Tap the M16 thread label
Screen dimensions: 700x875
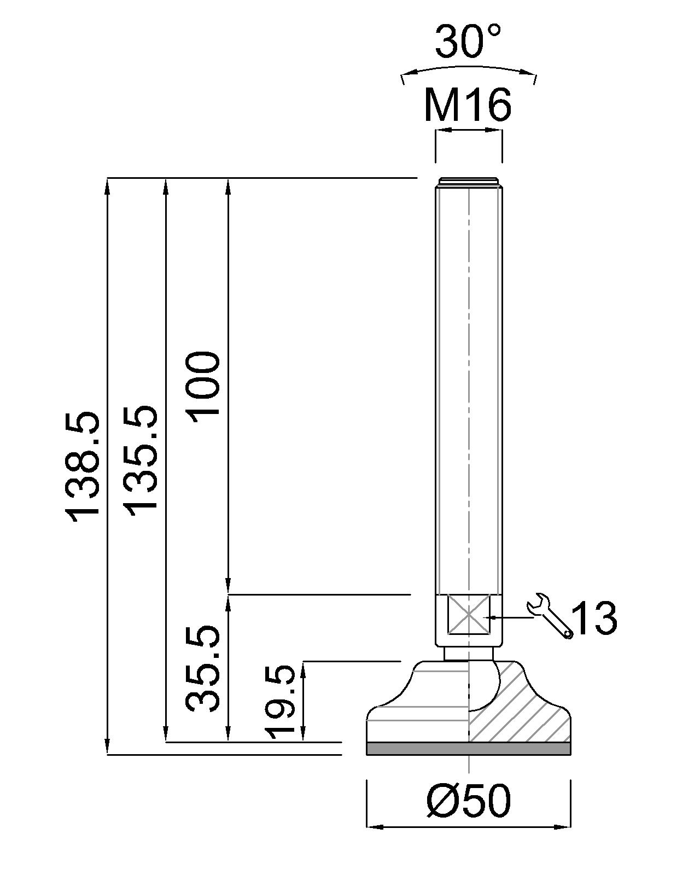(468, 105)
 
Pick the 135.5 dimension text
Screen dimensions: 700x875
(141, 460)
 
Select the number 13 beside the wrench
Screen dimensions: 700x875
(596, 619)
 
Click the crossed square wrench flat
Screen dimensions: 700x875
(469, 615)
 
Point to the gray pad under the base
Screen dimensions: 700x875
(469, 749)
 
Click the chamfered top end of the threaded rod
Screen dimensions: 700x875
(469, 182)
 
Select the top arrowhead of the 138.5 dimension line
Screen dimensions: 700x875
(107, 185)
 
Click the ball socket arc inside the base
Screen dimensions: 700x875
(491, 691)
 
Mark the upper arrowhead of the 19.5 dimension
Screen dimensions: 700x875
(304, 668)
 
